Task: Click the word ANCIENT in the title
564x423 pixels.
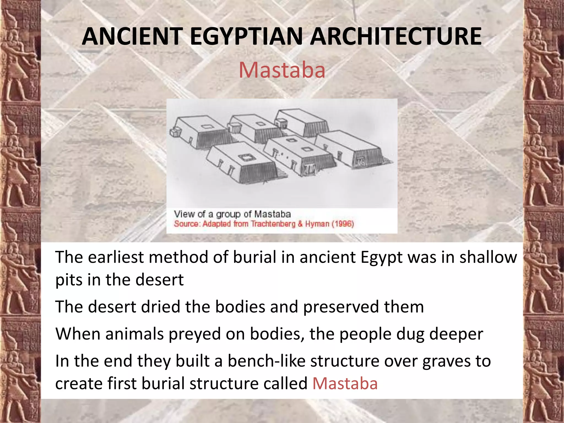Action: [x=132, y=36]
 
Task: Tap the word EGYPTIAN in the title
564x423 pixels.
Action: [x=246, y=36]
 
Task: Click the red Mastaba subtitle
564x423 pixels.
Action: [x=282, y=70]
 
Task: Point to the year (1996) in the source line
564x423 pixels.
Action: [x=343, y=224]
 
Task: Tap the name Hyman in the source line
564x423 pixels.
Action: [x=317, y=224]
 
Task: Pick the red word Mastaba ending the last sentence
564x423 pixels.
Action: [x=345, y=383]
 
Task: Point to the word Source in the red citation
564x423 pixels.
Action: [x=186, y=224]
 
